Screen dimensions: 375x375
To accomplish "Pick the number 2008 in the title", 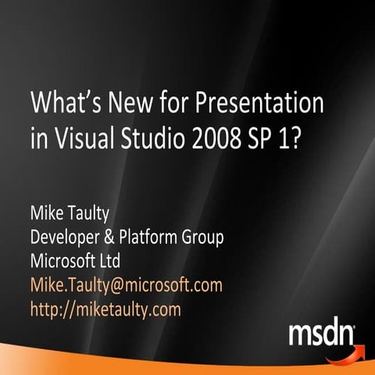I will point(224,137).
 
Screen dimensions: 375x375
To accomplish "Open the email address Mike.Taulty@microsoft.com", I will point(126,285).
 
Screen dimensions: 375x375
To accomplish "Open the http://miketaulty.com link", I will point(105,309).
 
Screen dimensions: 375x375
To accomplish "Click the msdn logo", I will point(322,334).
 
